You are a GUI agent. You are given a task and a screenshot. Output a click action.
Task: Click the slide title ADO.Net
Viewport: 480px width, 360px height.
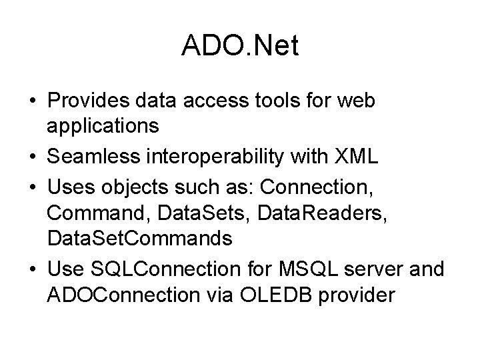coord(239,46)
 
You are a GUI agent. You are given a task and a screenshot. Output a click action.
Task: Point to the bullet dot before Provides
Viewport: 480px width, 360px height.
coord(33,102)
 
